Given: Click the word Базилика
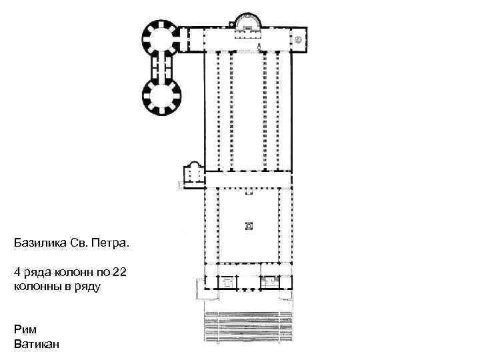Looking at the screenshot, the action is click(x=40, y=243).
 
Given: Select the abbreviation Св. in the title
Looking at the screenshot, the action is click(x=79, y=243).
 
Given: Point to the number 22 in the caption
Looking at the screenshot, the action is click(x=119, y=272).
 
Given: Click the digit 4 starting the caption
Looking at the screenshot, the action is click(x=17, y=272).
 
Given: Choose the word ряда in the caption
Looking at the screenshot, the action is click(x=37, y=273).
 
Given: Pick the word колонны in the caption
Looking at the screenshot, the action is click(x=36, y=287).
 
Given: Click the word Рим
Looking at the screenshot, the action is click(x=25, y=330).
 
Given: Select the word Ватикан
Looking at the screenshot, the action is click(x=37, y=344).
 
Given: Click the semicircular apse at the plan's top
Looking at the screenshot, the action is click(x=248, y=15).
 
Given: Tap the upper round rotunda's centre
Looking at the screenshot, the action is click(x=161, y=39).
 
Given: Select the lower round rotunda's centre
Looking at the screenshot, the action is click(x=161, y=96).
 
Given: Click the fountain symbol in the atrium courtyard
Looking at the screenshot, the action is click(x=249, y=226).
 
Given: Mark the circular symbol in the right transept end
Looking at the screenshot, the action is click(x=298, y=40).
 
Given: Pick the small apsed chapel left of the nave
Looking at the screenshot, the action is click(x=194, y=174).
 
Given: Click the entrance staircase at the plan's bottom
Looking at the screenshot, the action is click(x=248, y=326).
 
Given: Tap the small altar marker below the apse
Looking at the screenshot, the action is click(x=259, y=47).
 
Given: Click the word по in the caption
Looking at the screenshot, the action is click(x=103, y=272).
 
